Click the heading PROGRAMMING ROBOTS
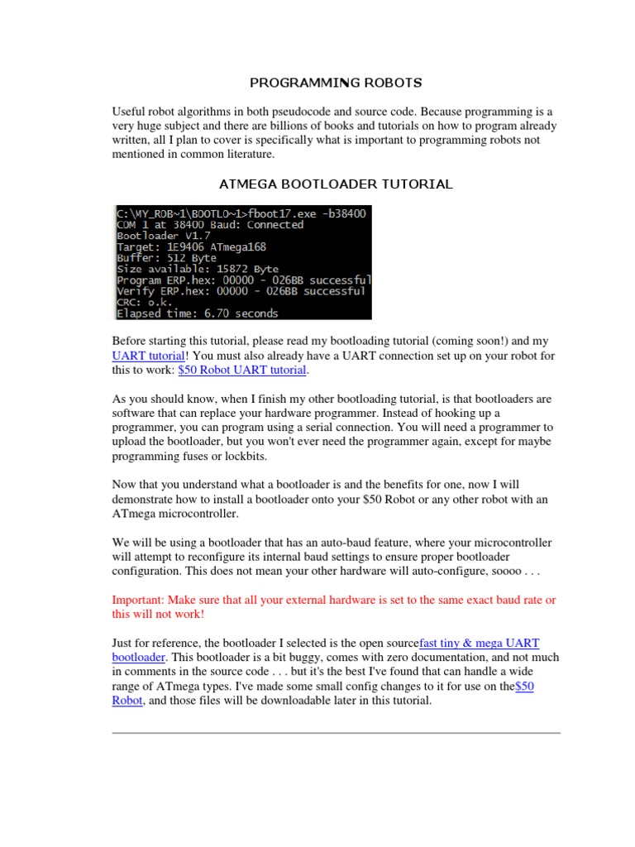(x=336, y=83)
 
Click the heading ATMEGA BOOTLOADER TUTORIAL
(x=336, y=184)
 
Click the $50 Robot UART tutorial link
(x=242, y=371)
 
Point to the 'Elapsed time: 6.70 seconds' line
(x=198, y=313)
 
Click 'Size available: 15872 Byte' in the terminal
(x=198, y=269)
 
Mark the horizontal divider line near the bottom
(x=336, y=732)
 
